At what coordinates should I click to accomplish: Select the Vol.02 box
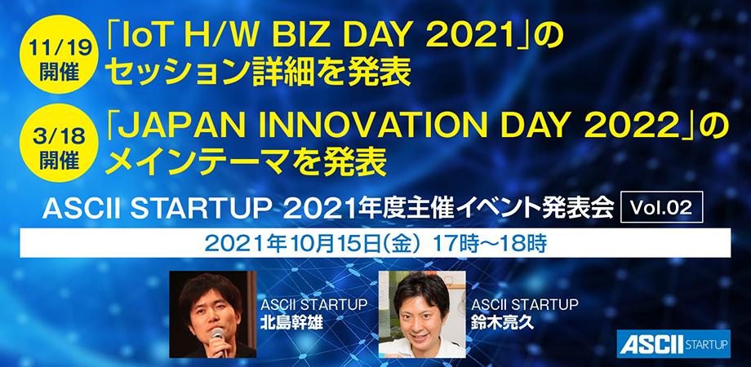coord(661,210)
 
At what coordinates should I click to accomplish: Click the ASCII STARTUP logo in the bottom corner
coord(671,343)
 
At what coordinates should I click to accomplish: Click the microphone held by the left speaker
coord(218,335)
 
